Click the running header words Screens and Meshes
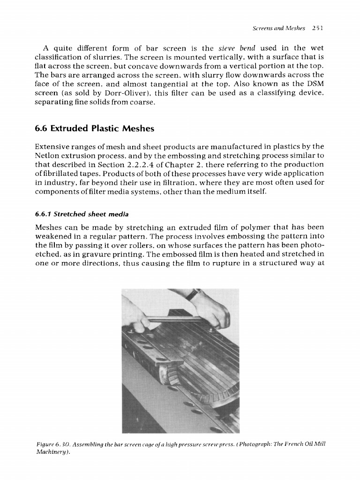[278, 28]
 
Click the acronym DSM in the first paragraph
[315, 84]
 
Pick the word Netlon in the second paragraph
[48, 156]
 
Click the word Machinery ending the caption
[50, 451]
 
